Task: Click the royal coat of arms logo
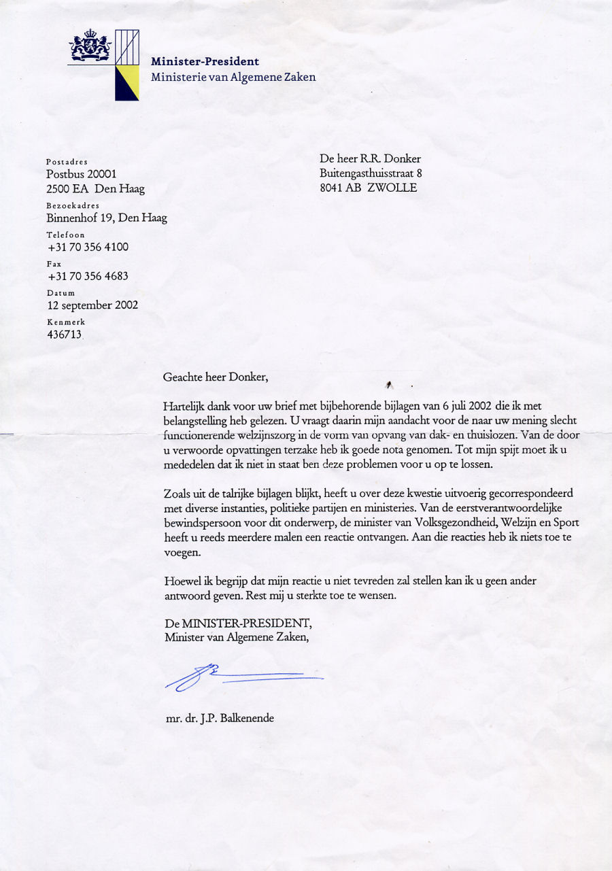90,48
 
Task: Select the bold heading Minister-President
205,61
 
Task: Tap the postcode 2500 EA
67,189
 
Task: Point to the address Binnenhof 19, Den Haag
107,218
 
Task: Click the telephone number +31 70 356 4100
88,247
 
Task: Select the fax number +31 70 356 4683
88,276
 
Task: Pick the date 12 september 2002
92,305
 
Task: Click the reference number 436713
64,335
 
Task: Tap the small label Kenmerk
66,321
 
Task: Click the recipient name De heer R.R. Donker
370,159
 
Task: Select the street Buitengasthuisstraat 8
371,173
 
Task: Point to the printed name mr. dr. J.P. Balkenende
220,717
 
